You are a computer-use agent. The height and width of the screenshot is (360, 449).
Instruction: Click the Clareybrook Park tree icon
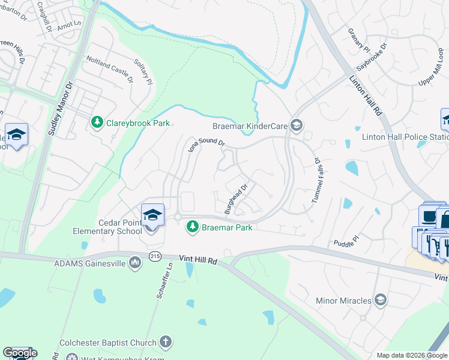tap(97, 122)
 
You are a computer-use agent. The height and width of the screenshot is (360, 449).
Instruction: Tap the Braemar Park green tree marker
tap(193, 227)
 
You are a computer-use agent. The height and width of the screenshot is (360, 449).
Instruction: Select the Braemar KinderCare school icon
tap(295, 125)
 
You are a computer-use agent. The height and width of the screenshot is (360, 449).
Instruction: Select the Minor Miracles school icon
tap(380, 299)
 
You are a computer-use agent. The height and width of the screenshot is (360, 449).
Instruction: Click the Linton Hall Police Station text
tap(405, 137)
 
